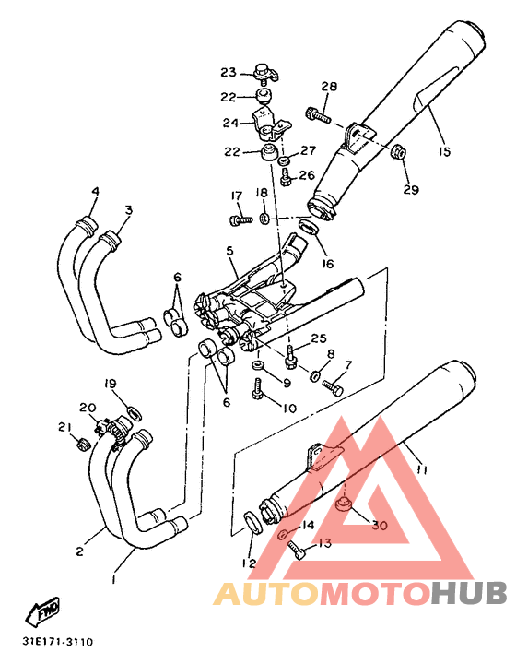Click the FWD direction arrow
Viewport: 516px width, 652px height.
(42, 611)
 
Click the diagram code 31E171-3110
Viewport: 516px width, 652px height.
(58, 642)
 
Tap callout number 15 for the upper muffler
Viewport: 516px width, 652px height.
(444, 152)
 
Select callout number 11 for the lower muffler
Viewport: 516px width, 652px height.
(422, 469)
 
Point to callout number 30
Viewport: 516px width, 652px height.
(379, 525)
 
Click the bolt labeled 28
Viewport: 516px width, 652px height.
(318, 114)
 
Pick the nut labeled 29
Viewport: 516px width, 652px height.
(398, 152)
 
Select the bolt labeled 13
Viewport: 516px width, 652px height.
(296, 551)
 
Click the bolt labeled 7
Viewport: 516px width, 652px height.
(333, 388)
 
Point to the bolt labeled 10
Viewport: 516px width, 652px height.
(258, 388)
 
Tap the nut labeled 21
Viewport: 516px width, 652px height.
(83, 444)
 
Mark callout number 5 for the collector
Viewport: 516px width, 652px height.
(229, 251)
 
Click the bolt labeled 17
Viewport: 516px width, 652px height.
(241, 219)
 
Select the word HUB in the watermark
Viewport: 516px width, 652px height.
(469, 593)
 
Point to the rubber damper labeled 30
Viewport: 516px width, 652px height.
(344, 504)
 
